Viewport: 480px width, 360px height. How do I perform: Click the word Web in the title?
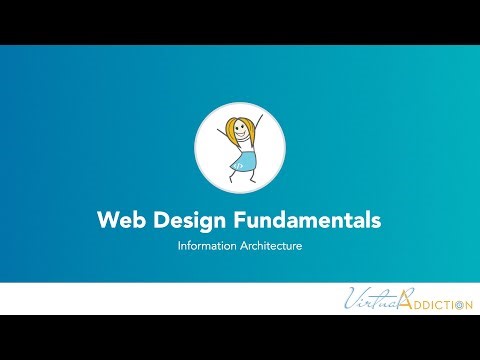tap(119, 218)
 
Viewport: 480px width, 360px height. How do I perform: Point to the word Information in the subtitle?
tap(204, 243)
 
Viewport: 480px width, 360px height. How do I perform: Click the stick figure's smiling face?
tap(241, 131)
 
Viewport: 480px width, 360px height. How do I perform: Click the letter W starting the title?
tap(107, 218)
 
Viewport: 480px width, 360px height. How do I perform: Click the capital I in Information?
tap(179, 243)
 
